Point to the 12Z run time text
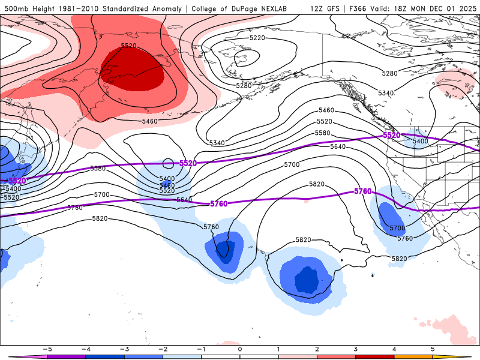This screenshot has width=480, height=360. click(319, 8)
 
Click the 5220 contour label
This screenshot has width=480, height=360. click(257, 38)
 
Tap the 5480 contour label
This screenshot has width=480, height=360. click(167, 185)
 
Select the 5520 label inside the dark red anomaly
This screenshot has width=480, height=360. click(128, 46)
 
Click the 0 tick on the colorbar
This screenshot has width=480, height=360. click(239, 349)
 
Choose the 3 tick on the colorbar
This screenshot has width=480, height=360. click(356, 349)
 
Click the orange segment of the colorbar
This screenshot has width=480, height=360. click(413, 356)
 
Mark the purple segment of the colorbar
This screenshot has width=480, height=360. click(65, 356)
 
